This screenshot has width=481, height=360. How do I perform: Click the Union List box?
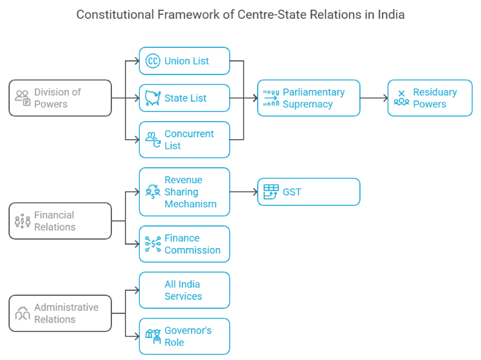[185, 61]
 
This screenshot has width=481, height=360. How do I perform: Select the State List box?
[185, 98]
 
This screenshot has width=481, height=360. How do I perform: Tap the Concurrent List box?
[185, 139]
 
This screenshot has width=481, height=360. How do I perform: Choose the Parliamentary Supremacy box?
[309, 98]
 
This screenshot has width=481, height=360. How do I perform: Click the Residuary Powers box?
[430, 98]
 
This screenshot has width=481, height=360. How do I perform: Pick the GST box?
[309, 192]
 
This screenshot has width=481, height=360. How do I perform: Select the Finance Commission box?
[185, 244]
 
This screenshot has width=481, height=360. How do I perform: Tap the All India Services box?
[185, 290]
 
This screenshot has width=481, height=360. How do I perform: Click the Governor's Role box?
[185, 336]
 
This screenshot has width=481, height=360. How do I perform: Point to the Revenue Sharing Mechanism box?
[185, 192]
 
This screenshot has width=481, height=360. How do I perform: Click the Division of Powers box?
[60, 98]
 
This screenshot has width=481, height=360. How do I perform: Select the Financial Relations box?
[60, 221]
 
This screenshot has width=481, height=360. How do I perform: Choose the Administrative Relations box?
[60, 313]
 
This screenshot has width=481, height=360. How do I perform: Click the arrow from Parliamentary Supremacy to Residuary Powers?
[374, 98]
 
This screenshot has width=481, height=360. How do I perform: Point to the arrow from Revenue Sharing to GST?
[243, 192]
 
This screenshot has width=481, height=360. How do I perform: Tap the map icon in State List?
[153, 98]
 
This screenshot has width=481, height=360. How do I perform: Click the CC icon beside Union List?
[153, 61]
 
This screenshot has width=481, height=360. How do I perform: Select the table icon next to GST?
[271, 192]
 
